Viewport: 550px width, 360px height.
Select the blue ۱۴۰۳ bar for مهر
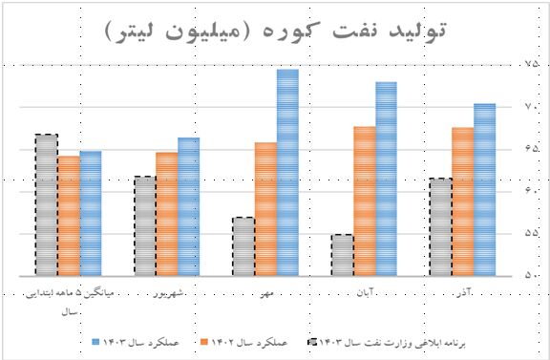(x=287, y=172)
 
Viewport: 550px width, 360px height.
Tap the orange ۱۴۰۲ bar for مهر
(x=265, y=208)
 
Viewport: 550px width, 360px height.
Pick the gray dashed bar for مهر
(x=243, y=245)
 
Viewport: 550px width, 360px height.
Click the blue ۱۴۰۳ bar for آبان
(x=386, y=179)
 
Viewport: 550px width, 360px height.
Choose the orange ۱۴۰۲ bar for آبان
(x=364, y=201)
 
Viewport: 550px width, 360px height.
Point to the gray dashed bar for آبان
(x=342, y=254)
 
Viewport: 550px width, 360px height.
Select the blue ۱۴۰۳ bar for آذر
(x=484, y=189)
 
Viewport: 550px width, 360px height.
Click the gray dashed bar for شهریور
(x=145, y=225)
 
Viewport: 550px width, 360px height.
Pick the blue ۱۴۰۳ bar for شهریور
(x=189, y=206)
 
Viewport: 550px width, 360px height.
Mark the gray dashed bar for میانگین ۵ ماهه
(x=47, y=204)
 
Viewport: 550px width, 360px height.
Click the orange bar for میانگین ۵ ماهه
(x=69, y=215)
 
